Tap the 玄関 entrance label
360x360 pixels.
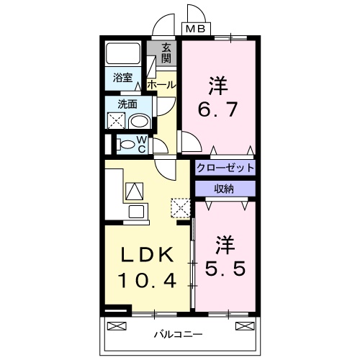click(x=166, y=53)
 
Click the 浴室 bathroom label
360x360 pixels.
click(x=122, y=76)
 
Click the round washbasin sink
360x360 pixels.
click(x=139, y=120)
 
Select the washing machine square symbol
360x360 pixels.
click(x=117, y=120)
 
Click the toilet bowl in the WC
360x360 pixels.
click(x=127, y=144)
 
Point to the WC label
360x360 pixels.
click(x=142, y=144)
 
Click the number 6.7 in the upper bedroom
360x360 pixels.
click(x=217, y=112)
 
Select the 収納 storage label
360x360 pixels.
click(x=225, y=188)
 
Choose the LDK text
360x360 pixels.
click(x=145, y=255)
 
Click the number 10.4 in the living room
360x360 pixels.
click(x=146, y=279)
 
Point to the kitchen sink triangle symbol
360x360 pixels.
click(x=134, y=191)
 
